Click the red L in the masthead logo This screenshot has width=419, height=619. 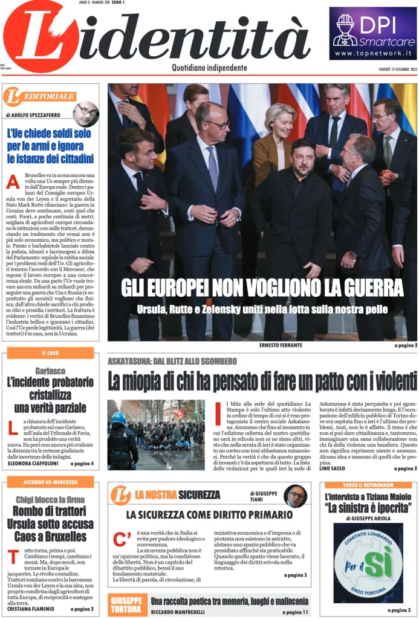45,39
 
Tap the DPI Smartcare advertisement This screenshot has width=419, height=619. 373,33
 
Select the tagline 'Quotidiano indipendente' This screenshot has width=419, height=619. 209,68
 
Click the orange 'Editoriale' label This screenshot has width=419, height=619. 41,96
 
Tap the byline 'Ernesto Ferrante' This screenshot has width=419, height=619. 281,345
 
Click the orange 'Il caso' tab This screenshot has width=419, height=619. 50,352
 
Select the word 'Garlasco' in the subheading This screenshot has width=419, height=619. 50,371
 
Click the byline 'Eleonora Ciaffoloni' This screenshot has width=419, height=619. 34,464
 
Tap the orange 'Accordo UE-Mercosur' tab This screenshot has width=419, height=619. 50,482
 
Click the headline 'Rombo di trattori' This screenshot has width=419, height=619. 50,511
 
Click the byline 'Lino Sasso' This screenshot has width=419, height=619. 335,468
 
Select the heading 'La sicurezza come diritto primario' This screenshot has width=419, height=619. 209,515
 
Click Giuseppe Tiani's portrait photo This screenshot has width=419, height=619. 295,496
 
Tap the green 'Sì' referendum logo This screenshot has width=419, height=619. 368,562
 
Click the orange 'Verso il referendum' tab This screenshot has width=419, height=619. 368,485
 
